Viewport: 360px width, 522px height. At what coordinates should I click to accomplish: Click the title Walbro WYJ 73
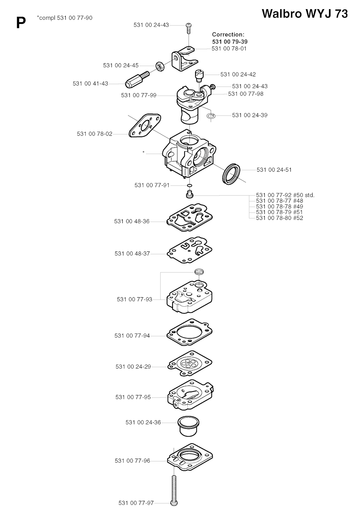coord(304,14)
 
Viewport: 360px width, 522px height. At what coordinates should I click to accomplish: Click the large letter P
coord(21,23)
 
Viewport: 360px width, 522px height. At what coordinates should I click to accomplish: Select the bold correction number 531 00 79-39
coord(230,42)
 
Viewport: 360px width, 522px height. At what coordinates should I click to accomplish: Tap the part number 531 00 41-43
coord(90,83)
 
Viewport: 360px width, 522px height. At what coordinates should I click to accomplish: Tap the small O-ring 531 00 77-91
coord(189,185)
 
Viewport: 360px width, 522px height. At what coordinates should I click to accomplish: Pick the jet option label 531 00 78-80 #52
coord(279,218)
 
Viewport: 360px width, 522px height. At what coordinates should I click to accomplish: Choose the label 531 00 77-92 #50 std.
coord(285,195)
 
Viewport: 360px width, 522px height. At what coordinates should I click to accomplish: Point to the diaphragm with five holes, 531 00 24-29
coord(189,363)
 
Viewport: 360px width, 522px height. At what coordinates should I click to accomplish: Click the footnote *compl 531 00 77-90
coord(64,18)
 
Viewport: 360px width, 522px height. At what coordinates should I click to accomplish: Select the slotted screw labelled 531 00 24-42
coord(199,76)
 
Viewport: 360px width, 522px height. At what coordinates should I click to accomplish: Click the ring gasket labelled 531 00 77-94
coord(189,332)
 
